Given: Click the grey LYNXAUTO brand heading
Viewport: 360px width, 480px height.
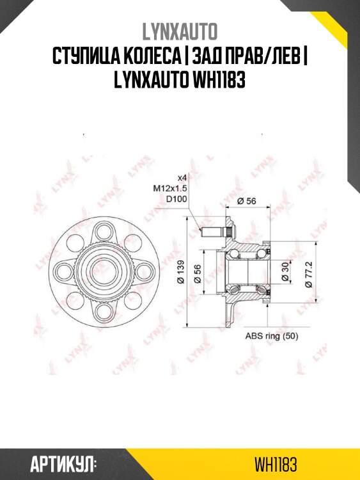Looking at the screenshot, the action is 180,31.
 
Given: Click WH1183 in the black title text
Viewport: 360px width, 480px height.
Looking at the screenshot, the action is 218,80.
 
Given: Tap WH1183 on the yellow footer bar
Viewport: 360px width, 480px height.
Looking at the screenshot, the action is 276,465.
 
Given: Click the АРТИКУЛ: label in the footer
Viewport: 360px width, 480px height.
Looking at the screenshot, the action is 63,465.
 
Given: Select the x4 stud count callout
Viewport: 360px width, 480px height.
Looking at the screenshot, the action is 182,177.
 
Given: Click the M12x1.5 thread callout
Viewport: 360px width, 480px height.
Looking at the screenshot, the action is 169,188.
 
